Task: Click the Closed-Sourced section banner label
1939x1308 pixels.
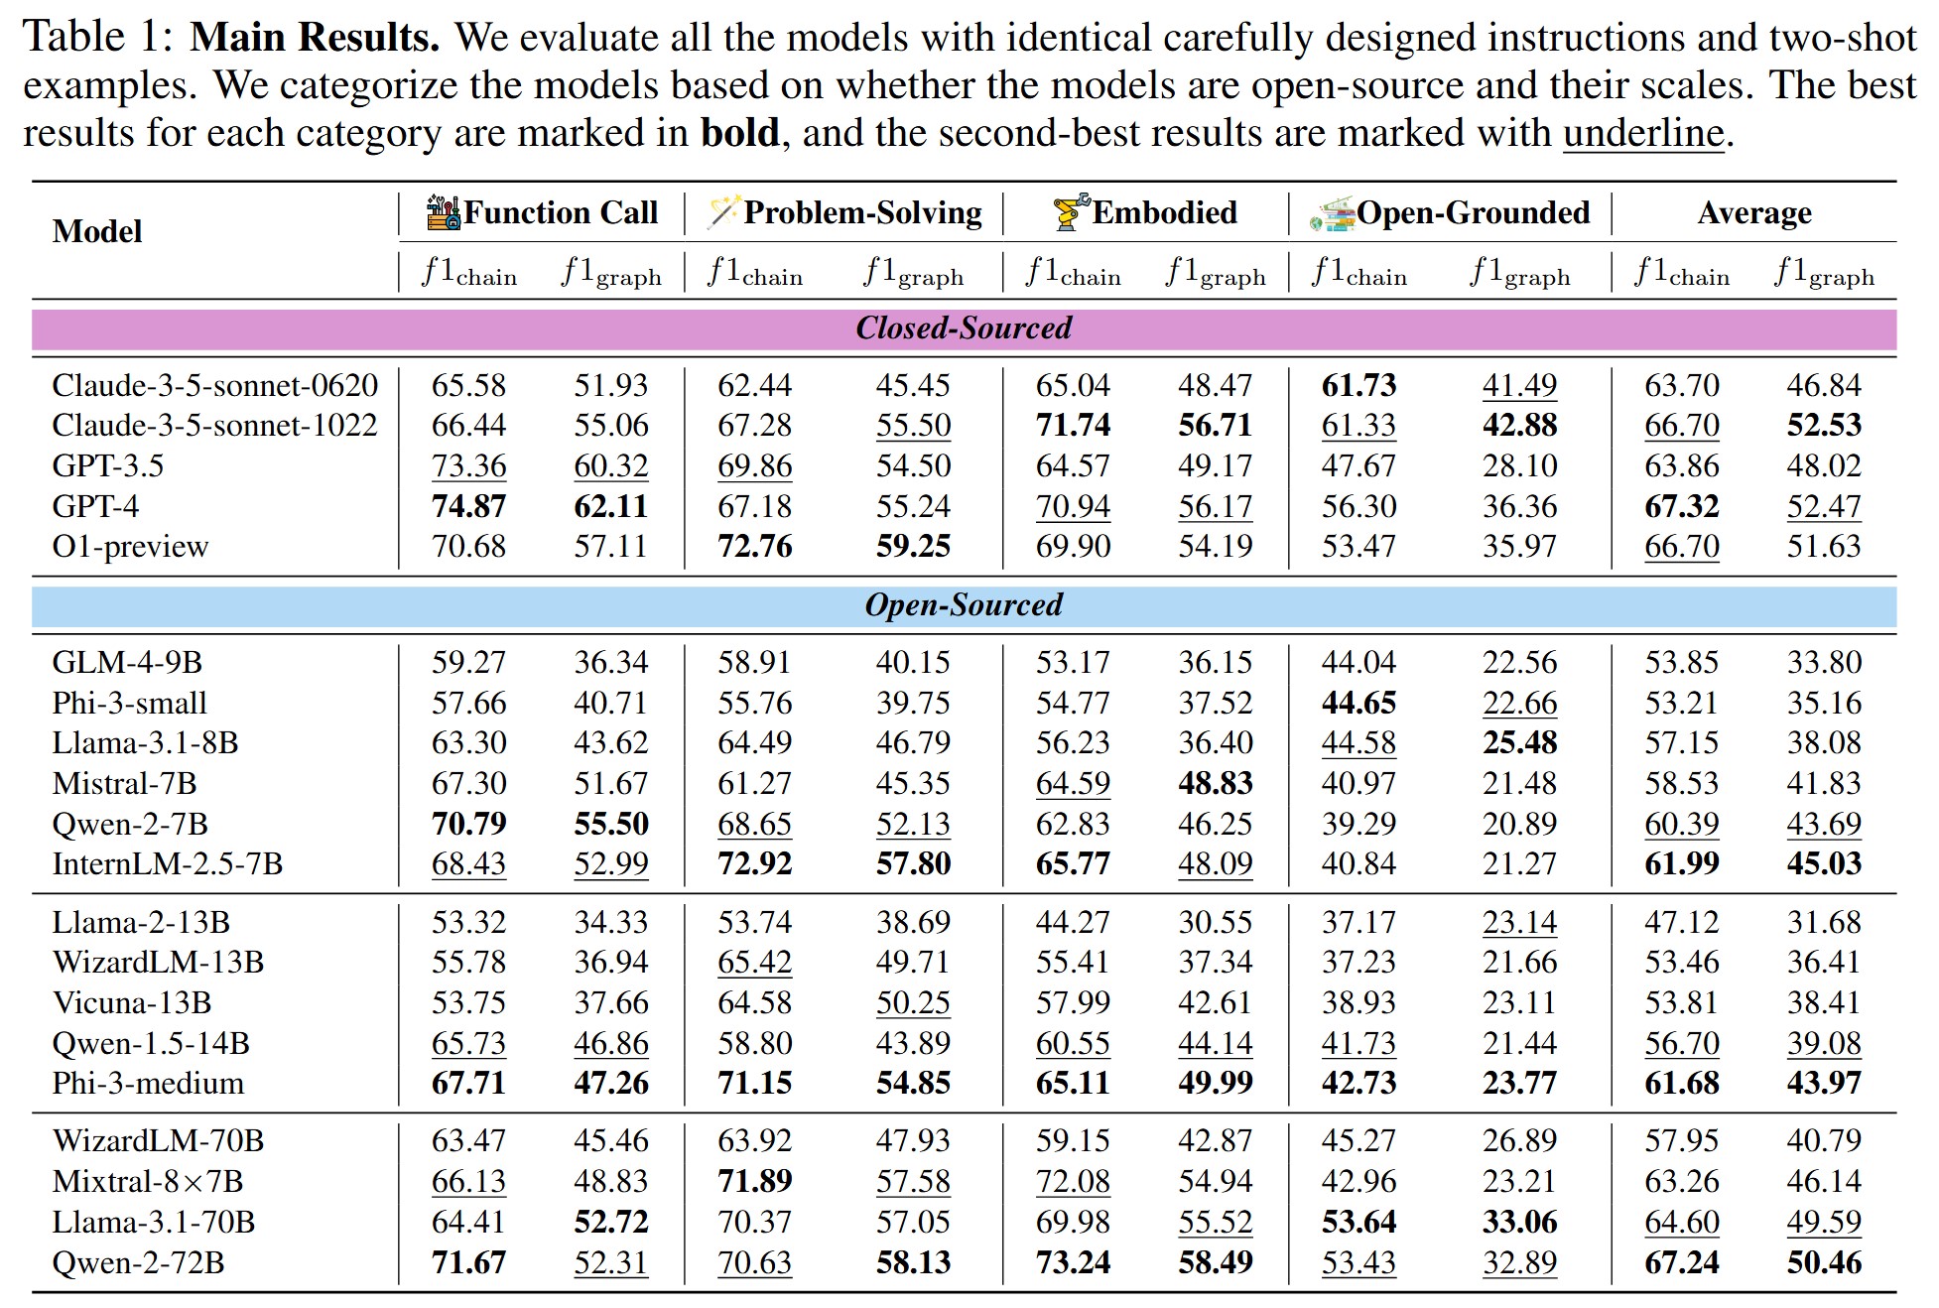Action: coord(964,328)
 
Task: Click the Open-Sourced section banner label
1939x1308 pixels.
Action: coord(964,605)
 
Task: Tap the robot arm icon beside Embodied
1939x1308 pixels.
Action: coord(1071,212)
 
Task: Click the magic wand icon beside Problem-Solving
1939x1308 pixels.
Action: coord(723,212)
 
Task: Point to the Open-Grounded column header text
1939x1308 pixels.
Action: coord(1473,212)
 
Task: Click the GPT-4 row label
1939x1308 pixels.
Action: coord(95,506)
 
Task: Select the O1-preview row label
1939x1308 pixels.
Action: coord(130,547)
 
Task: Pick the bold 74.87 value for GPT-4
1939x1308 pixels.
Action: coord(468,506)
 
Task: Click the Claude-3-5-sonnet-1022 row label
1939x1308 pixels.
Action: coord(214,426)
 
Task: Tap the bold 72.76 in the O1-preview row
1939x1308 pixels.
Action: coord(754,547)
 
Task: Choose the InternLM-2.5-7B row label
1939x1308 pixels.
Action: coord(168,864)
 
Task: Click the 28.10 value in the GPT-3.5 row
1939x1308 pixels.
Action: coord(1519,466)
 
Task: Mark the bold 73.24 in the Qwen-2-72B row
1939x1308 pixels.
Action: coord(1072,1263)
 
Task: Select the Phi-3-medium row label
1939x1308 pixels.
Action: coord(148,1084)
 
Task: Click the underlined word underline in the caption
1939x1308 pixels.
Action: coord(1643,133)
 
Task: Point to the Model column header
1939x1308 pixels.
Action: coord(97,231)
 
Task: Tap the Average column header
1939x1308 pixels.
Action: coord(1753,212)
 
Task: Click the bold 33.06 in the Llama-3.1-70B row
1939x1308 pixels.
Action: coord(1519,1223)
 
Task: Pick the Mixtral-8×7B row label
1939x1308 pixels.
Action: coord(148,1182)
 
